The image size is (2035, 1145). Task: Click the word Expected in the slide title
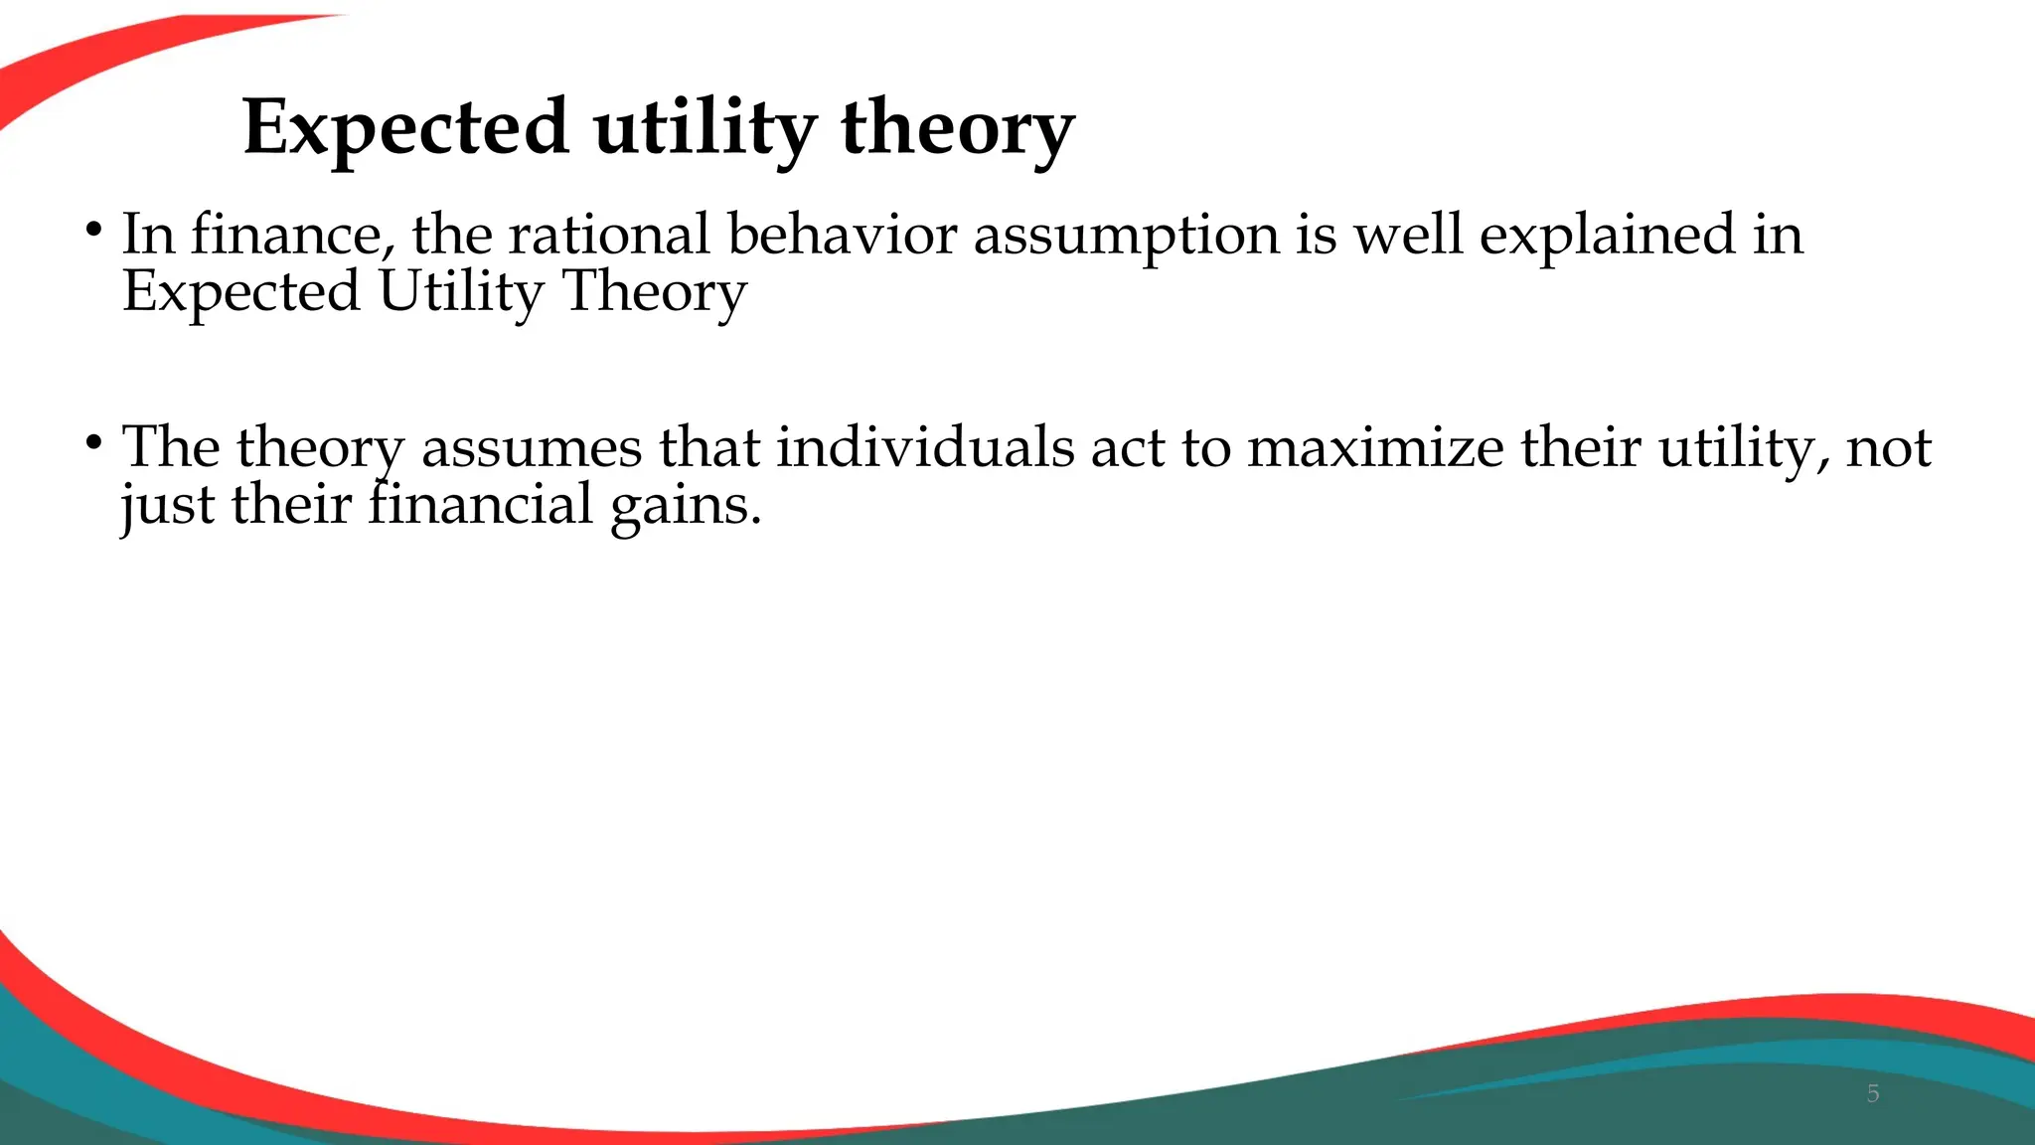[x=405, y=128]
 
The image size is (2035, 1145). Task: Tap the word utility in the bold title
[x=705, y=128]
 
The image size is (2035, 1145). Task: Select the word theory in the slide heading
[x=957, y=128]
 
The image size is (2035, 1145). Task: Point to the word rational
[x=608, y=236]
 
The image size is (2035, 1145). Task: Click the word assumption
[x=1126, y=236]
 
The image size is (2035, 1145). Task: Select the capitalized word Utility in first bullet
[x=461, y=292]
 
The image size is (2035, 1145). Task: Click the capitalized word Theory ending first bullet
[x=654, y=292]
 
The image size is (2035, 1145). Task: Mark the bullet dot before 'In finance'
[x=93, y=230]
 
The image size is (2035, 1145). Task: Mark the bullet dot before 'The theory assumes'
[x=93, y=442]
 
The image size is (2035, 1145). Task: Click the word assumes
[x=532, y=448]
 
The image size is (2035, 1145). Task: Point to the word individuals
[x=925, y=448]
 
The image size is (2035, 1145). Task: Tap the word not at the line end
[x=1888, y=448]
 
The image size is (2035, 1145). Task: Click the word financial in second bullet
[x=481, y=505]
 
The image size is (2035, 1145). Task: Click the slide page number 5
[x=1873, y=1094]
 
